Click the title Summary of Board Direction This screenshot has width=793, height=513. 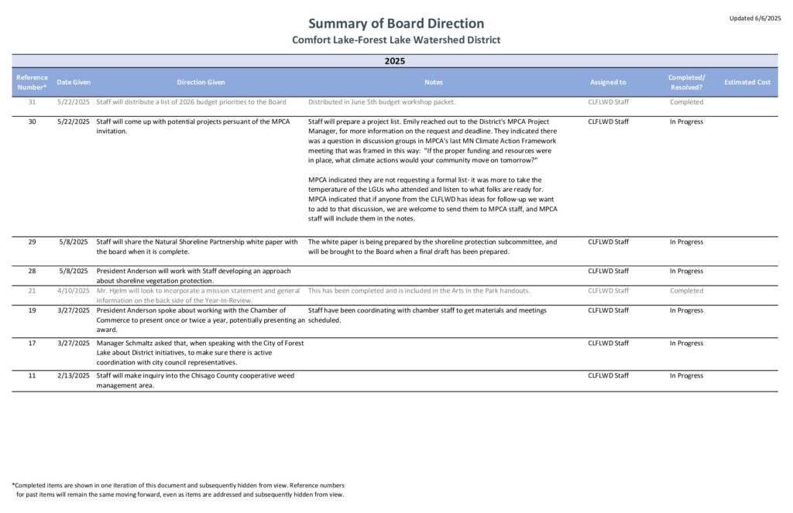[x=396, y=23]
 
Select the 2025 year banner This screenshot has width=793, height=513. [x=396, y=61]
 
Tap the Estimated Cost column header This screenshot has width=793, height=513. [x=747, y=82]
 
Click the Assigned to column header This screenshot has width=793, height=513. [x=608, y=82]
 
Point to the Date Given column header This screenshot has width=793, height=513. [x=74, y=82]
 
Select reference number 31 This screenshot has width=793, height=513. [x=32, y=102]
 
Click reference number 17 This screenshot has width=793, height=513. [x=32, y=343]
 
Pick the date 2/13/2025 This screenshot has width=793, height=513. [x=74, y=375]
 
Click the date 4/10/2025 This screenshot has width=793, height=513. [x=74, y=291]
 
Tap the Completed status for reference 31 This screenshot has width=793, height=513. [x=686, y=102]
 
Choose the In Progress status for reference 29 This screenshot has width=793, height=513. [x=686, y=242]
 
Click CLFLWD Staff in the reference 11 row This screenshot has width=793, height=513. [x=608, y=375]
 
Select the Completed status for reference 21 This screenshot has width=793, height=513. [x=686, y=291]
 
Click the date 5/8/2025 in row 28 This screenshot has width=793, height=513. [x=75, y=272]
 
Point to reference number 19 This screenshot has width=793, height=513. [x=32, y=310]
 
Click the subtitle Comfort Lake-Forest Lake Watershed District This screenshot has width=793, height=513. [x=396, y=40]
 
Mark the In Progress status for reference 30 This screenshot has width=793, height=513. [x=686, y=121]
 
